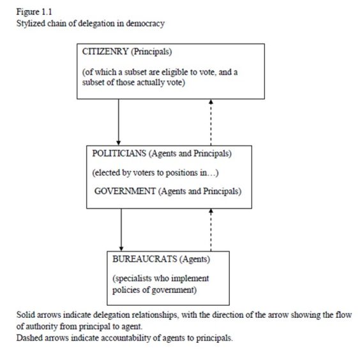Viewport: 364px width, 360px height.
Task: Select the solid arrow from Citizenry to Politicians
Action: point(119,122)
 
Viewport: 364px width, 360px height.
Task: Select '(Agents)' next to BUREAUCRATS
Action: point(195,260)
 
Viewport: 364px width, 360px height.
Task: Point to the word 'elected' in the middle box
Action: point(109,172)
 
